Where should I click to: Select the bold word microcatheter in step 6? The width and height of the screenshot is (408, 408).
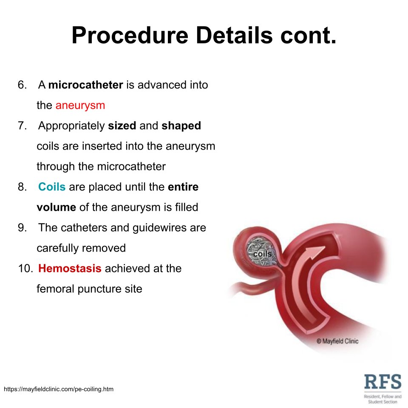pos(85,85)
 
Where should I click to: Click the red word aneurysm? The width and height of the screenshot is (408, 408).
pos(80,105)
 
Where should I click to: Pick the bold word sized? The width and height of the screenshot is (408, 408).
pos(122,126)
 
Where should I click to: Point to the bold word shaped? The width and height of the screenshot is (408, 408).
pos(181,126)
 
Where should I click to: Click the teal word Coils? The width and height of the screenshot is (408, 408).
pos(52,187)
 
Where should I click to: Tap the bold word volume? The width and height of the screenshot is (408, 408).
pos(56,207)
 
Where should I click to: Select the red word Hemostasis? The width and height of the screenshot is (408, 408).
pos(70,269)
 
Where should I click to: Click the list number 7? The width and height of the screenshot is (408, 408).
pos(22,126)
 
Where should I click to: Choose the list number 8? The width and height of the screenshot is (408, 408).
pos(22,187)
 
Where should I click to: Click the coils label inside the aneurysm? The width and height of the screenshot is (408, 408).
pos(262,254)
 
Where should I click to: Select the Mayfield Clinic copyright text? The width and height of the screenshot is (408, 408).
pos(337,341)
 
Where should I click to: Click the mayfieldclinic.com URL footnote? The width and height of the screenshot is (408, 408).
pos(59,389)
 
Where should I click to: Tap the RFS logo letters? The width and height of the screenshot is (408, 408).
pos(382,381)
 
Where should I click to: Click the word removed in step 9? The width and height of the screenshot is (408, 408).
pos(104,248)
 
